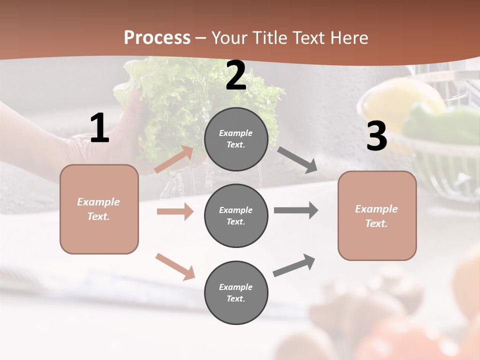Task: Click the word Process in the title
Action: tap(157, 38)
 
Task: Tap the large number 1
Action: tap(99, 128)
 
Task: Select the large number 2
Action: tap(236, 76)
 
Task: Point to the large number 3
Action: tap(376, 136)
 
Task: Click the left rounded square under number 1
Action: tap(99, 209)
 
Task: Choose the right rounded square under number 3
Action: tap(377, 215)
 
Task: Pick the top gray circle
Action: tap(236, 139)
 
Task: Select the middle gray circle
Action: tap(236, 215)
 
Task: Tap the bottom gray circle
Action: tap(236, 292)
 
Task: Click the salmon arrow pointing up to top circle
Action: tap(174, 159)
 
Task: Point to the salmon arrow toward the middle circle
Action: tap(175, 211)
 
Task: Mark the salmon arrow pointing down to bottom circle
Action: tap(175, 266)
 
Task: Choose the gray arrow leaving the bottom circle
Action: tap(294, 265)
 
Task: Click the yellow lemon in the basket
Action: tap(400, 100)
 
